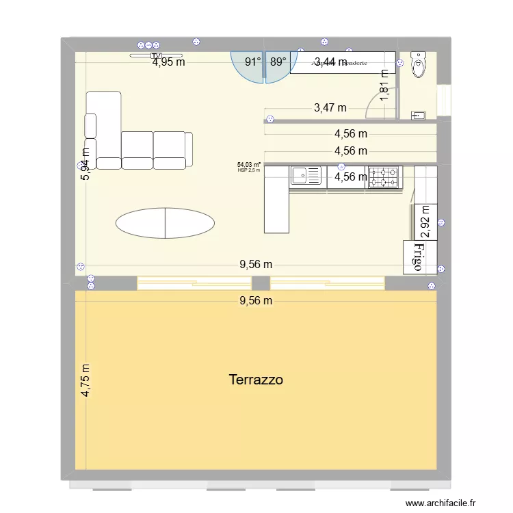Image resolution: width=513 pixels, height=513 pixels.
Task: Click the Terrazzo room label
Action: coord(256,380)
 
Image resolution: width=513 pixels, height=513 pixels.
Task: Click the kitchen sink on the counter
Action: coord(306,176)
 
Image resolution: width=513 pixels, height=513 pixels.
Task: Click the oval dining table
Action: coord(165,222)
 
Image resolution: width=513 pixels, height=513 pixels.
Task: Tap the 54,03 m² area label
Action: coord(249,164)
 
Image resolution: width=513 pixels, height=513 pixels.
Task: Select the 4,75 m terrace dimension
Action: coord(86,380)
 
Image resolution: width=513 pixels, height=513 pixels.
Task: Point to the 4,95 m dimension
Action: coord(169,62)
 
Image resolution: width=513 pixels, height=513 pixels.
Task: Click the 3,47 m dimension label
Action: coord(330,107)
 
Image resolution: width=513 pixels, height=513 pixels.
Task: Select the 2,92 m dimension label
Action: coord(425,220)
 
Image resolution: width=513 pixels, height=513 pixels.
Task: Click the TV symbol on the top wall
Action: coord(157,55)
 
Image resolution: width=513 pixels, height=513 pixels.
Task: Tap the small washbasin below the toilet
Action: coord(417,116)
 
